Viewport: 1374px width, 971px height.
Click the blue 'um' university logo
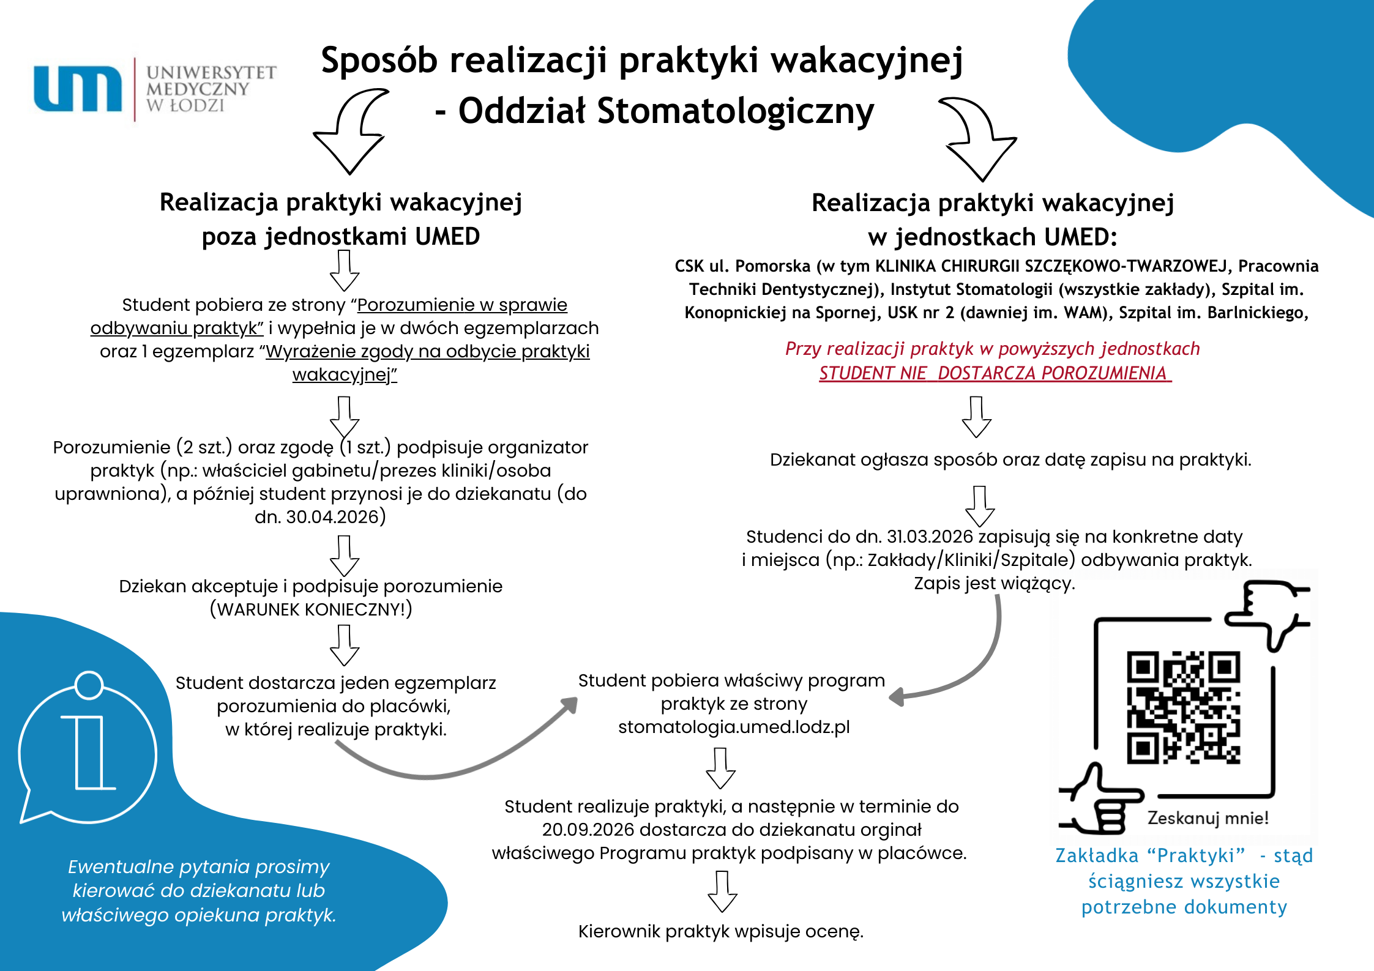coord(78,89)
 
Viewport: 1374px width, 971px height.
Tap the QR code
coord(1183,707)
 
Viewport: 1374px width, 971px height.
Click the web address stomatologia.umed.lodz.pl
coord(734,727)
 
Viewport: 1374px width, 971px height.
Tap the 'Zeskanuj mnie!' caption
coord(1208,818)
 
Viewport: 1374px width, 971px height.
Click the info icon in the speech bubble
coord(89,753)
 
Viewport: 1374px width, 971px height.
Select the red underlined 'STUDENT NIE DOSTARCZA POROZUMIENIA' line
coord(995,373)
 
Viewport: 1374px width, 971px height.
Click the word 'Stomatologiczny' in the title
coord(735,111)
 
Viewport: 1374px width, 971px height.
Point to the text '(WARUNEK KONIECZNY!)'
coord(311,609)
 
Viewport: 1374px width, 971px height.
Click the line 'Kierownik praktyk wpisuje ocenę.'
coord(720,931)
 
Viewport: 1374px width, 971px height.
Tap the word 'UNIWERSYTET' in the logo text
coord(211,73)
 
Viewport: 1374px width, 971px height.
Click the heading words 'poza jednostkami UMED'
coord(341,237)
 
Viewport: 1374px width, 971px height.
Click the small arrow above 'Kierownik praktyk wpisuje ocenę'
coord(722,891)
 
